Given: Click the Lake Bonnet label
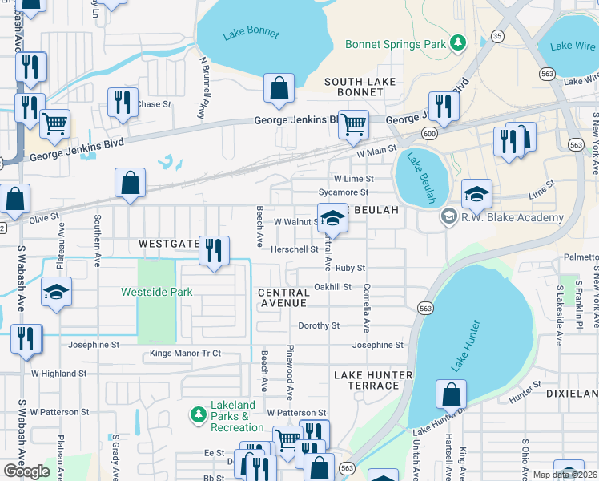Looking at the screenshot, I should click(x=251, y=34).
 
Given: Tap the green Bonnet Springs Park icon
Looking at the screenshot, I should click(x=457, y=42).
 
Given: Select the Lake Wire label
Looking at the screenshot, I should click(x=573, y=46).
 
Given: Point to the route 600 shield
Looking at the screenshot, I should click(x=430, y=133).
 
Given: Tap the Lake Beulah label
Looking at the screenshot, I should click(x=420, y=176).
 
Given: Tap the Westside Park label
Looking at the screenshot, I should click(x=156, y=292).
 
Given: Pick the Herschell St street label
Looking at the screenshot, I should click(x=294, y=249).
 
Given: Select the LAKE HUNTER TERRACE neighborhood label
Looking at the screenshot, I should click(x=372, y=380).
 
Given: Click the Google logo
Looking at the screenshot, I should click(x=26, y=471).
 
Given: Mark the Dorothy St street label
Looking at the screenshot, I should click(x=319, y=325).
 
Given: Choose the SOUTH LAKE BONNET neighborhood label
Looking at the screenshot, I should click(x=354, y=88).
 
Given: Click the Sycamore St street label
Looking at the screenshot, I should click(x=343, y=192).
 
